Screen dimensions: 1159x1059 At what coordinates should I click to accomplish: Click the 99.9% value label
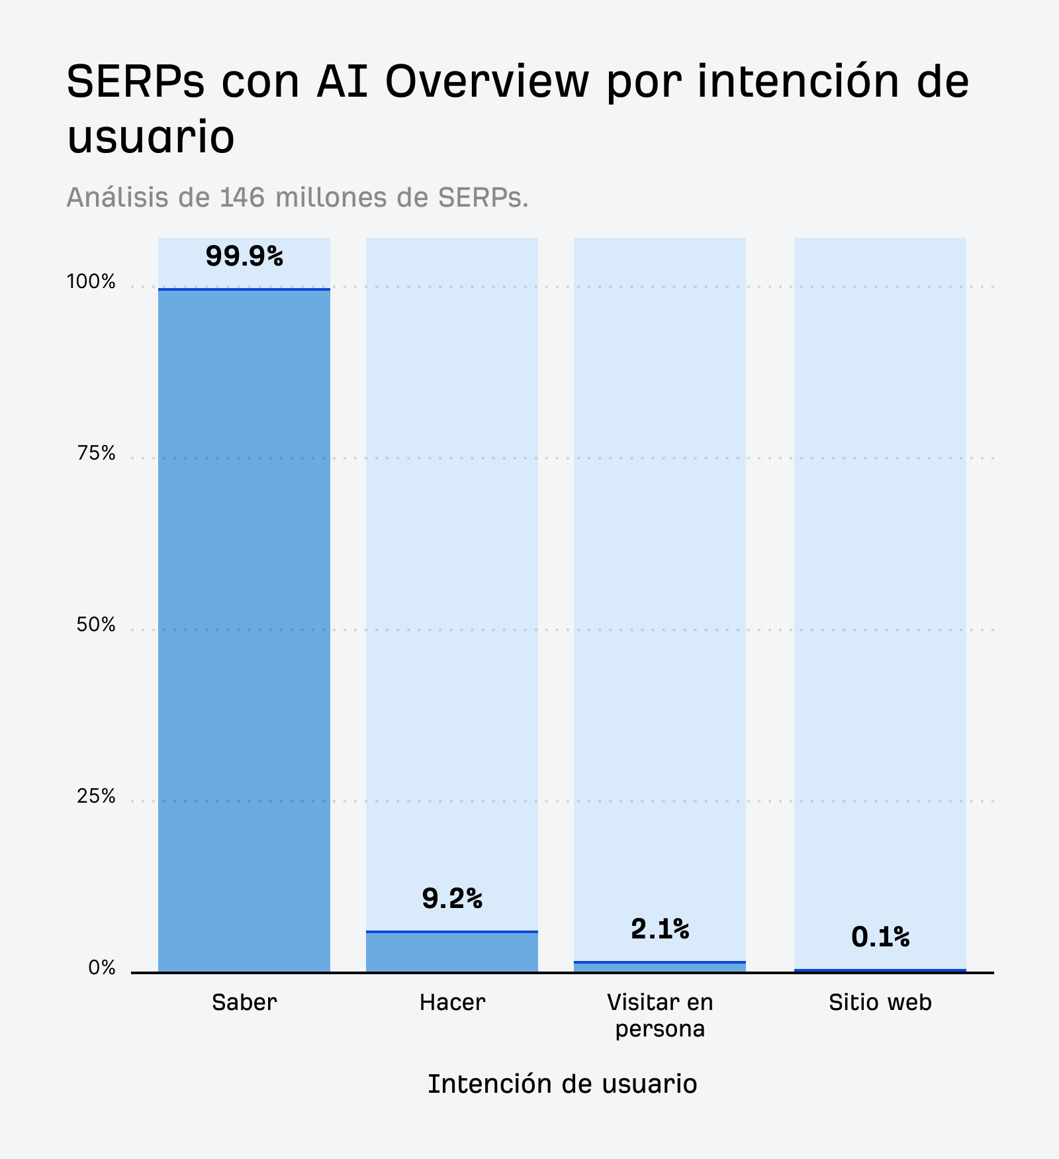point(244,256)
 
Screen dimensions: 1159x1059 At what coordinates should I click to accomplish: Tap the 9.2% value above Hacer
point(452,899)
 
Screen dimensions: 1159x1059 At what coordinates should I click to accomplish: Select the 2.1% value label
point(660,929)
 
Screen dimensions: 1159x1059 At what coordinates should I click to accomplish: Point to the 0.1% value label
point(880,937)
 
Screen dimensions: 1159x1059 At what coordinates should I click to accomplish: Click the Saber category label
point(244,1003)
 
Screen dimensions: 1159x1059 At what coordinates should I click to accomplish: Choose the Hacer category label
point(452,1003)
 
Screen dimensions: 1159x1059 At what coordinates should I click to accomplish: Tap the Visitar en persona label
point(660,1015)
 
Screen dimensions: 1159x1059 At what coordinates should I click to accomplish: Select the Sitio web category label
point(880,1003)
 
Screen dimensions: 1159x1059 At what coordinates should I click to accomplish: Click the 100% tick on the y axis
point(91,282)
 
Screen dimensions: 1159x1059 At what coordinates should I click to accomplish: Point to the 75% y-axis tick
point(96,454)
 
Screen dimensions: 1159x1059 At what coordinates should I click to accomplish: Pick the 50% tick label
point(96,625)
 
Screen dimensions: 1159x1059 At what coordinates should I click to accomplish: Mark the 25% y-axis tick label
point(96,797)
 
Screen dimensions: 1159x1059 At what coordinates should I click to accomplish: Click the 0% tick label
point(102,968)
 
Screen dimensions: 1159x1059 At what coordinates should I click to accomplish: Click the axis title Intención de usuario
point(562,1084)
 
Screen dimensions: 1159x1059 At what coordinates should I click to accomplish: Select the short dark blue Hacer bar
point(452,952)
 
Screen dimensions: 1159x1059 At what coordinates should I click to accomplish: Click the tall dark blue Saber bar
point(244,629)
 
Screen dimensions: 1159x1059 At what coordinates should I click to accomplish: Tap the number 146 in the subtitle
point(243,197)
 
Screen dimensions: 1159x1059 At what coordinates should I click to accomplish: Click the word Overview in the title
point(486,82)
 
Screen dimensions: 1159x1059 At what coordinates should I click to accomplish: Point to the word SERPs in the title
point(136,82)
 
